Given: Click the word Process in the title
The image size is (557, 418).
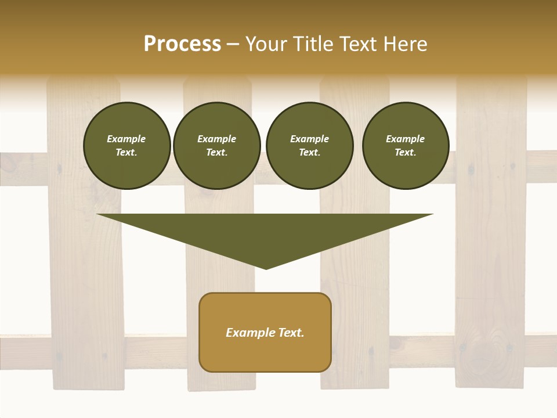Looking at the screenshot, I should pos(182,44).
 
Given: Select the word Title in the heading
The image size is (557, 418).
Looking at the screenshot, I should pos(313,44).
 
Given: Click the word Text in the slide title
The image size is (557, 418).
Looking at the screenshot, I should pos(358,44).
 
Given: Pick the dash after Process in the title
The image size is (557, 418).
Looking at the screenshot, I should pos(233,45).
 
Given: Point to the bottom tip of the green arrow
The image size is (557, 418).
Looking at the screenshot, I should pos(266,268).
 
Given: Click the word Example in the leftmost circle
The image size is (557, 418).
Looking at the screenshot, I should pos(126,139).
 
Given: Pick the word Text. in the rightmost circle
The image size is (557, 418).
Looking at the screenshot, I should pos(405,152).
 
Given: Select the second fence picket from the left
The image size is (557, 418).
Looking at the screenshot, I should pos(220,325).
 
